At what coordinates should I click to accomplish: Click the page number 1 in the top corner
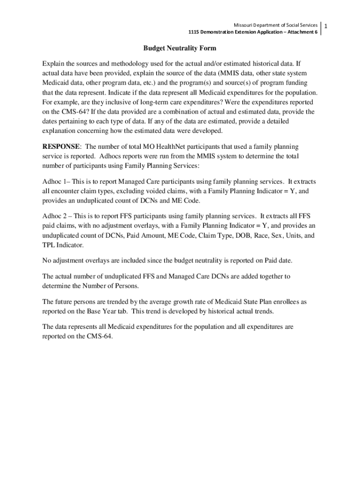pos(326,25)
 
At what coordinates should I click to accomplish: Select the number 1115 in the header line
pos(194,32)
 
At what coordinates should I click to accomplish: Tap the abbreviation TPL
pos(49,245)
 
